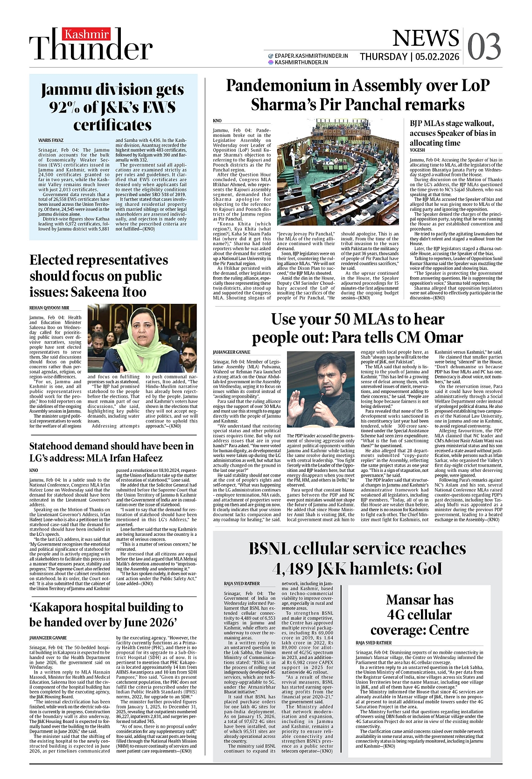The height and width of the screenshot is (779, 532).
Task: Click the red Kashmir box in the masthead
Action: pyautogui.click(x=86, y=35)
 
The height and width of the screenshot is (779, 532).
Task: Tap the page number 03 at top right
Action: pyautogui.click(x=484, y=46)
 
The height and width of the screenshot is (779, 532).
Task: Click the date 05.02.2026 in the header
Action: pyautogui.click(x=437, y=57)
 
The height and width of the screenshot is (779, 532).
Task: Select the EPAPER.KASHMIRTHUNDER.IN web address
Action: pyautogui.click(x=311, y=56)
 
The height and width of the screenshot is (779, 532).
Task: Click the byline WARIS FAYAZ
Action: pyautogui.click(x=51, y=140)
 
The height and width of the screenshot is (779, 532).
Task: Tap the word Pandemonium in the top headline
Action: pyautogui.click(x=287, y=86)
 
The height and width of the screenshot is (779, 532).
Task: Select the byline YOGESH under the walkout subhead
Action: pyautogui.click(x=417, y=150)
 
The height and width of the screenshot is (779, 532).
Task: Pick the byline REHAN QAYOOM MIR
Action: pyautogui.click(x=49, y=308)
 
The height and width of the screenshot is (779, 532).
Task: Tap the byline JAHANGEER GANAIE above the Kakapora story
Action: pyautogui.click(x=48, y=638)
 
